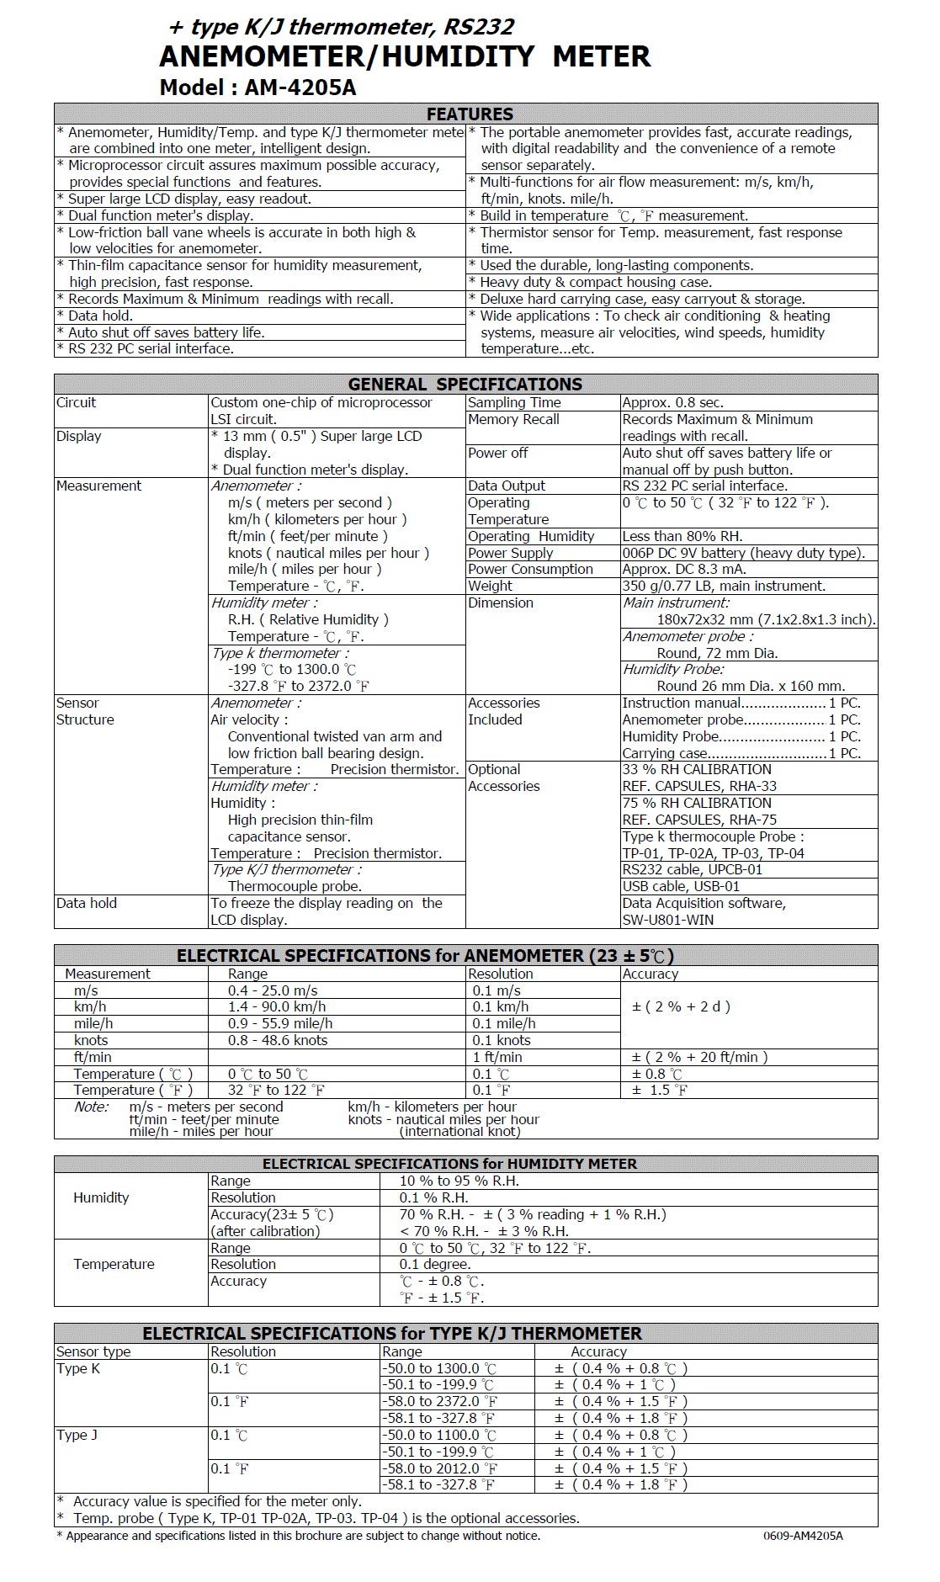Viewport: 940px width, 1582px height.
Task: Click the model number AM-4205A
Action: click(x=300, y=88)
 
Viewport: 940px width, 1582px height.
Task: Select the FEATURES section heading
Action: click(x=470, y=114)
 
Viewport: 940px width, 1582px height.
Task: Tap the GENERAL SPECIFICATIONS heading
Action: click(x=465, y=385)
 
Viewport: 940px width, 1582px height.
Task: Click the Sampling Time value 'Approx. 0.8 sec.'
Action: click(x=672, y=402)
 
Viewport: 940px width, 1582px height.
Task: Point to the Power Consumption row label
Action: click(x=530, y=569)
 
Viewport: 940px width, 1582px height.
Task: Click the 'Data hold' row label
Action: click(x=87, y=903)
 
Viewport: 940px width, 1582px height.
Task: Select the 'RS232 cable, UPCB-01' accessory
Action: click(x=692, y=869)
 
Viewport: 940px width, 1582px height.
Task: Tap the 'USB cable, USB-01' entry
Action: click(x=681, y=886)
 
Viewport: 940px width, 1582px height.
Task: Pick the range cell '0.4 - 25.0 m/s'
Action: click(x=273, y=990)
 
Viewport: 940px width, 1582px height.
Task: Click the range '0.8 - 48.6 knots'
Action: click(x=278, y=1040)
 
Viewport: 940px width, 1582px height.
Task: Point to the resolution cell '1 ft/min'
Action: click(x=497, y=1057)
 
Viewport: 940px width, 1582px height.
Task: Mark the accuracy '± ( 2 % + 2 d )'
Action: click(x=681, y=1006)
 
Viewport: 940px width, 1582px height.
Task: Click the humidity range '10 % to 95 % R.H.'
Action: click(x=459, y=1181)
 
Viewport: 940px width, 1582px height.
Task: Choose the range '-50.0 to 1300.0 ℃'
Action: click(x=438, y=1368)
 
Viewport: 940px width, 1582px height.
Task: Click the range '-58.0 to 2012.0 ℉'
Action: click(x=438, y=1468)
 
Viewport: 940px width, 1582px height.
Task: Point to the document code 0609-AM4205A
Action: click(x=803, y=1536)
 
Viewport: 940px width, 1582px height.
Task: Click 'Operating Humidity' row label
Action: click(x=531, y=536)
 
